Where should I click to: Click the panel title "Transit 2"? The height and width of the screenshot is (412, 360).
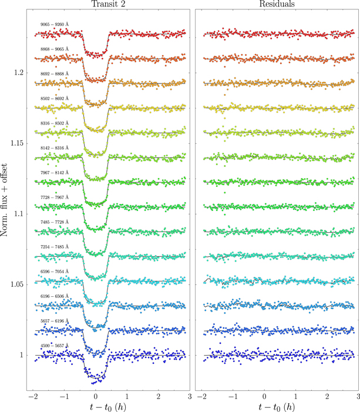point(108,4)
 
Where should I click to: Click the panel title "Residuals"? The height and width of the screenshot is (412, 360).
point(277,4)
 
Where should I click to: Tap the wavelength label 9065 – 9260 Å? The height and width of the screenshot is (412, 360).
point(55,24)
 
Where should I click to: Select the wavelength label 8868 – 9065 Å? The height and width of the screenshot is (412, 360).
point(55,49)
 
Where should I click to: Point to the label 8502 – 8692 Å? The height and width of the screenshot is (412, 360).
point(55,98)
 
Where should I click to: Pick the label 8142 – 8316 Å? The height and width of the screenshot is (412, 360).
point(55,148)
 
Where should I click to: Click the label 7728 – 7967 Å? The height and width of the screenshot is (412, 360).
point(55,197)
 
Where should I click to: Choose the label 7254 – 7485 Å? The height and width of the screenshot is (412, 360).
point(55,247)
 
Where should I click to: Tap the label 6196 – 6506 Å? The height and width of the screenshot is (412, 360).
point(55,296)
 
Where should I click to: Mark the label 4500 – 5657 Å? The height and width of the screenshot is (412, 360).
point(55,346)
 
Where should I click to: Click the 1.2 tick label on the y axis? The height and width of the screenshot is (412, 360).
point(19,72)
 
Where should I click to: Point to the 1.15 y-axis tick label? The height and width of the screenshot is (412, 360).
point(18,143)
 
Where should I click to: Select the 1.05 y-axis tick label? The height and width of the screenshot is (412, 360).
point(18,284)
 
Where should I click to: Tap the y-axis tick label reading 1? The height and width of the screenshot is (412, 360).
point(22,355)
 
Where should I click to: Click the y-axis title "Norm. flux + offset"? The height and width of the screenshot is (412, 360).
point(4,200)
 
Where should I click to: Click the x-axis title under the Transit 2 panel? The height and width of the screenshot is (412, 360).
point(108,407)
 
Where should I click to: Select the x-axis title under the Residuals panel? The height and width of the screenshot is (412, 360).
point(277,407)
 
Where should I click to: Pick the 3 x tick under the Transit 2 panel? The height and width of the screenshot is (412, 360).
point(190,396)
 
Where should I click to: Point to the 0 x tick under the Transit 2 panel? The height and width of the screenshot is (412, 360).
point(96,396)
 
